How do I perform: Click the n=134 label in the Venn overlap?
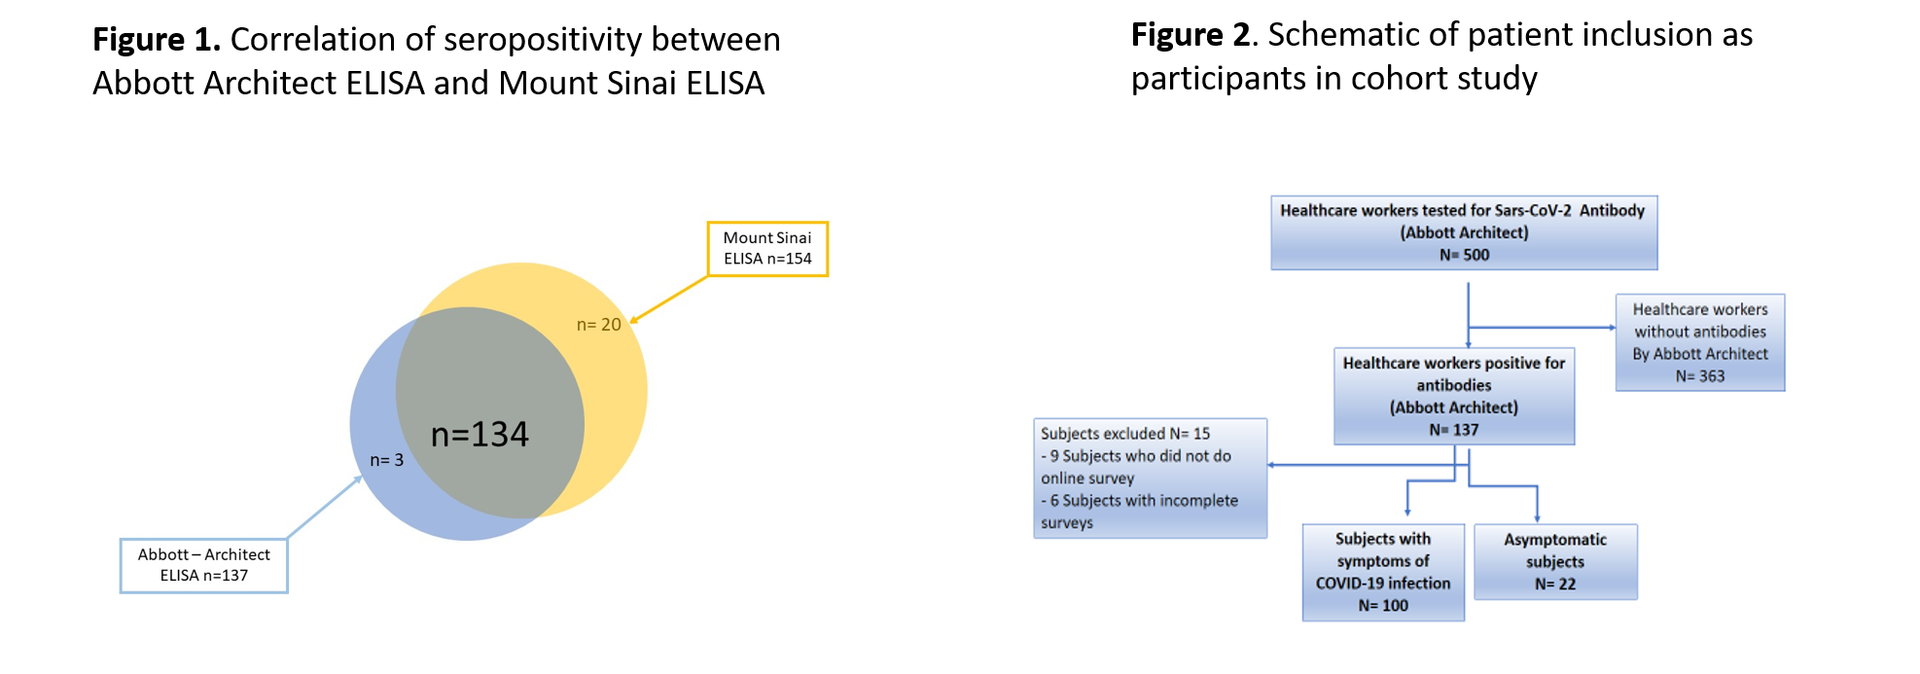click(x=480, y=434)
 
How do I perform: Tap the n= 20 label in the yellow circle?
click(x=598, y=325)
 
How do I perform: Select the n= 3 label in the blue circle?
click(x=386, y=460)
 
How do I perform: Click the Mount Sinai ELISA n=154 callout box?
click(x=767, y=249)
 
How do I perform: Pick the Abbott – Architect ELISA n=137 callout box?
click(x=204, y=565)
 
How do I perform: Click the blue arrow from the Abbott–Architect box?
click(x=325, y=507)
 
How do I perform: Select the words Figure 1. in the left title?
click(x=157, y=40)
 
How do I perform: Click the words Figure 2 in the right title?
click(x=1190, y=35)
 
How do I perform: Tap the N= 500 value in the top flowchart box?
click(x=1464, y=255)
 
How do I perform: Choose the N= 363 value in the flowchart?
click(x=1699, y=376)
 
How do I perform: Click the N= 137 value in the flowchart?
click(x=1453, y=430)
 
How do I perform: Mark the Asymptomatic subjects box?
click(x=1555, y=561)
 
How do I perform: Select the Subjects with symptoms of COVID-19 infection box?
click(x=1383, y=572)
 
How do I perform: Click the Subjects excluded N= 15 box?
click(x=1150, y=478)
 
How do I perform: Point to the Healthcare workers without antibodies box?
click(x=1699, y=342)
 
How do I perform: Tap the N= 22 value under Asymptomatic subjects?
click(x=1555, y=584)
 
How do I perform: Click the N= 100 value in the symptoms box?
click(x=1383, y=606)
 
